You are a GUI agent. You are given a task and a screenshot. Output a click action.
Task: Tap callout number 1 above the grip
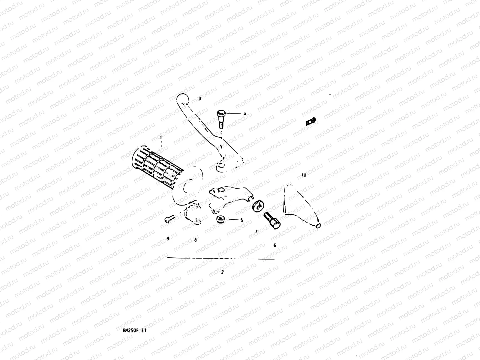coord(161,138)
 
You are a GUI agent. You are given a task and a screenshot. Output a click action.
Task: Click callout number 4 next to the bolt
coord(244,114)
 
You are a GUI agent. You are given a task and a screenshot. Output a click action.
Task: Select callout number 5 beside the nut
coord(242,220)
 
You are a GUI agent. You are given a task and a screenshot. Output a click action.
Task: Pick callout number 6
coord(274,245)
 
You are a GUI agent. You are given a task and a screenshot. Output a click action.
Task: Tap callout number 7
coord(256,231)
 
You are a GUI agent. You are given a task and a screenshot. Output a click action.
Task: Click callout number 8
coord(195,240)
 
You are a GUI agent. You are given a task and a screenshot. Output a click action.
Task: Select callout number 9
coord(168,239)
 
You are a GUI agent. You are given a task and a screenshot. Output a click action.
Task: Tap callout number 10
coord(304,175)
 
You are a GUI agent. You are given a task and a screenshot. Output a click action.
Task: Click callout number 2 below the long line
coord(222,272)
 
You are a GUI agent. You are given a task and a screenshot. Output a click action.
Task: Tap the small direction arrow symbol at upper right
coord(311,121)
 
